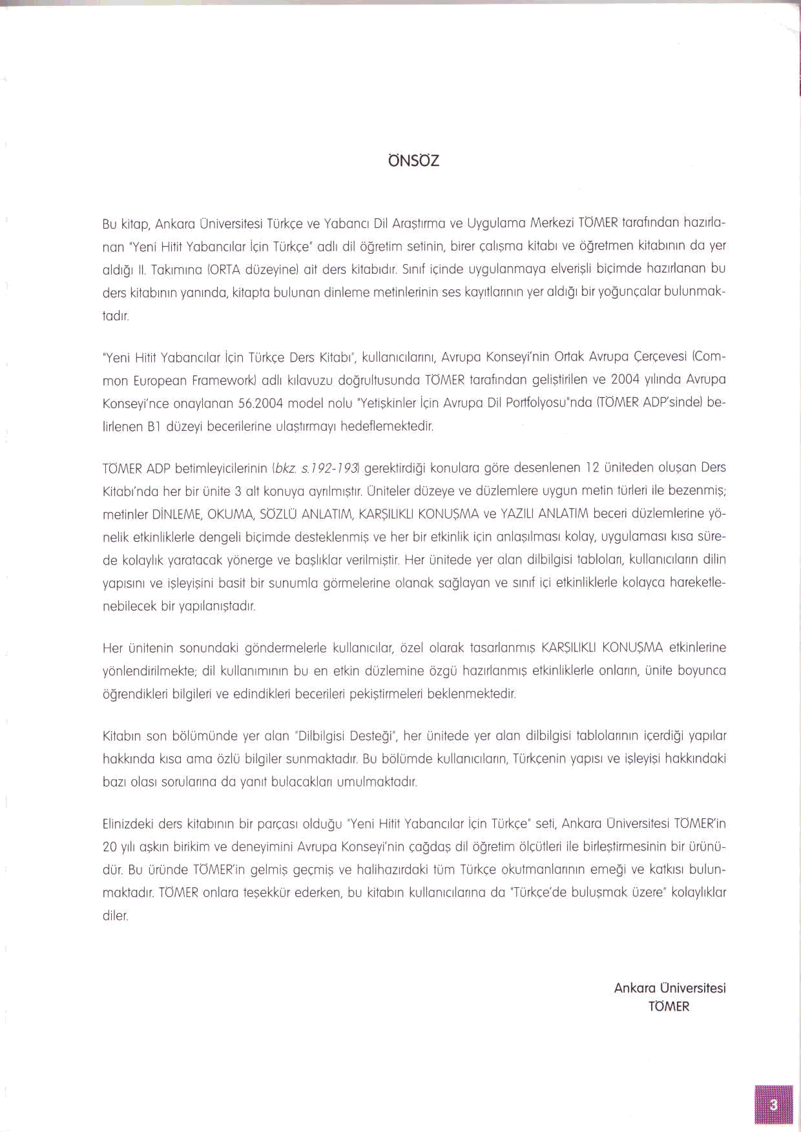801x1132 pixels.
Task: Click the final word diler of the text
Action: (115, 916)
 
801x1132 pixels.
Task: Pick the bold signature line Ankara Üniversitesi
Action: (670, 988)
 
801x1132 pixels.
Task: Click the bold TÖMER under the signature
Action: (669, 1007)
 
